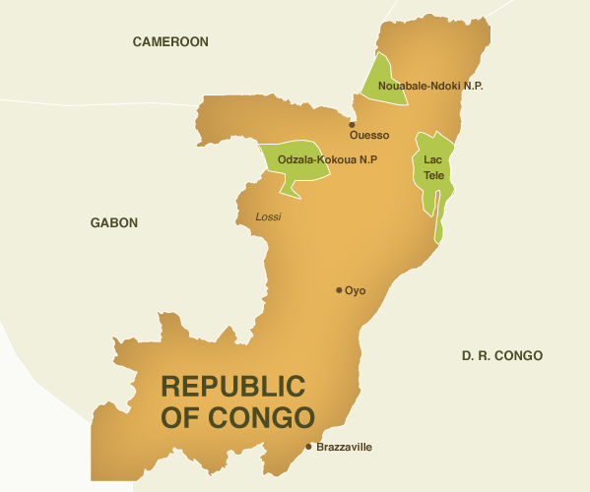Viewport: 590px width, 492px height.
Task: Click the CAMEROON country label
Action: (170, 41)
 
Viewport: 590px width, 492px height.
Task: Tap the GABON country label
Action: (114, 223)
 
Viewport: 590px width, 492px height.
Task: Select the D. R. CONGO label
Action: (501, 355)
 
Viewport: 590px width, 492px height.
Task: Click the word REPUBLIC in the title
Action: (233, 386)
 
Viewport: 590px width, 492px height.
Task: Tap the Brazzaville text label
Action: (345, 447)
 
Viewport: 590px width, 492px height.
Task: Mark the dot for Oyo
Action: (339, 290)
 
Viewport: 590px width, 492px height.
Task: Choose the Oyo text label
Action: (356, 290)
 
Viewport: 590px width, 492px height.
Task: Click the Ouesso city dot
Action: (352, 125)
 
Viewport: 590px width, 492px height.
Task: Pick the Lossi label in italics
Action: (268, 215)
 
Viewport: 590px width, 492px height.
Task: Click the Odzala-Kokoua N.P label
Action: (328, 159)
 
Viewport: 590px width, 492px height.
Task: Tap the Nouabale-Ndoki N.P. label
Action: (430, 87)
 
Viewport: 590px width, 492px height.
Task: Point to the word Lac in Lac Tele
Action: (433, 159)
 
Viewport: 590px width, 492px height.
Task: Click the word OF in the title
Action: (178, 417)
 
